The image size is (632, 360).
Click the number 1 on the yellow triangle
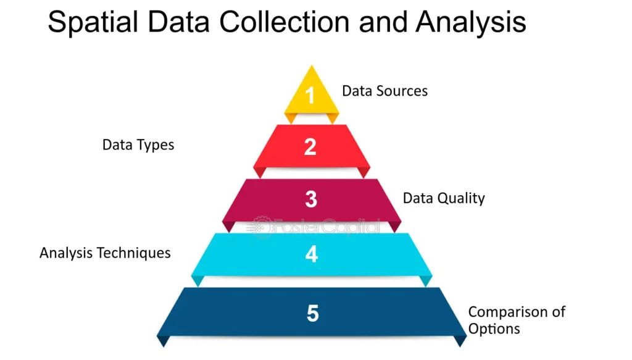coord(310,95)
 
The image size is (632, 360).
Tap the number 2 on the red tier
coord(310,147)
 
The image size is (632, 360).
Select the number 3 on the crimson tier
coord(311,199)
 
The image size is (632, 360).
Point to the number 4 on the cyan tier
coord(312,254)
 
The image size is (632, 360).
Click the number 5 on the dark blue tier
coord(313,313)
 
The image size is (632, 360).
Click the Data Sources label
coord(385,91)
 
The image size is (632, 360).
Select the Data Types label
coord(138,144)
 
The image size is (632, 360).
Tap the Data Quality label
coord(444,198)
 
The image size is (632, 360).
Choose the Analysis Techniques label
coord(105,253)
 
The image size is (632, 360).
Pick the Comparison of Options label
coord(517,320)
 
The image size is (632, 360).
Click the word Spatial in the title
coord(93,22)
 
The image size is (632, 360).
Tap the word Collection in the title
coord(285,22)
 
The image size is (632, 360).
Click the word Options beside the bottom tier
coord(494,329)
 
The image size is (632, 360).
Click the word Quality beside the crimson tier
coord(462,198)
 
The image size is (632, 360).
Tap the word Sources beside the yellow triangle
coord(402,91)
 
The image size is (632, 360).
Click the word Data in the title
coord(179,22)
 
